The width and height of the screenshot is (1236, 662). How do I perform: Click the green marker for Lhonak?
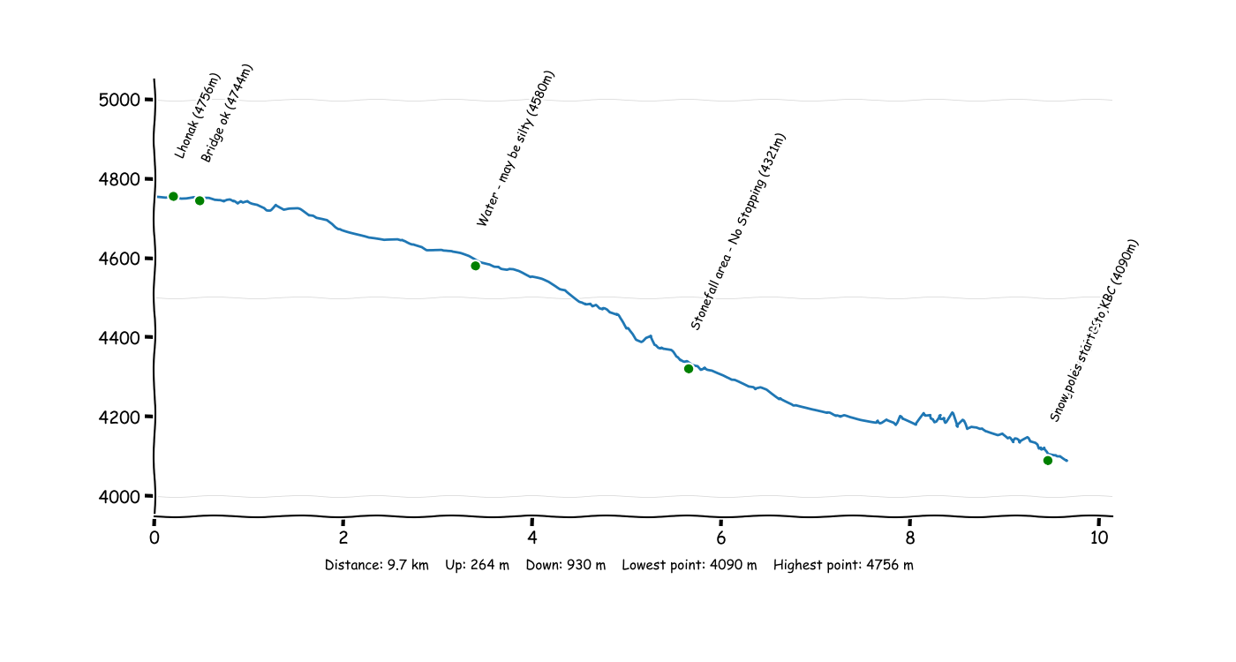point(173,196)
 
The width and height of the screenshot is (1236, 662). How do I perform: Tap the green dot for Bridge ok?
point(200,200)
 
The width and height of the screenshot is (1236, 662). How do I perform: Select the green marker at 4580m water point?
point(475,266)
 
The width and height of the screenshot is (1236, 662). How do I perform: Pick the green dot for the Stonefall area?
point(688,369)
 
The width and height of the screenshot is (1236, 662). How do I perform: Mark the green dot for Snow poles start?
point(1047,460)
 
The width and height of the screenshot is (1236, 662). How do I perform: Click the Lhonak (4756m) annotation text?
point(198,116)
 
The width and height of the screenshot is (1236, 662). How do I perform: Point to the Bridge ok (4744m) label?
point(227,113)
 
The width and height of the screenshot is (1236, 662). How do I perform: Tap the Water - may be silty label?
point(516,148)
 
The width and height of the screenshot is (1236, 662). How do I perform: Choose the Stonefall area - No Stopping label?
point(738,231)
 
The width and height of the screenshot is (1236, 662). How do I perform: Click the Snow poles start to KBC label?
point(1096,329)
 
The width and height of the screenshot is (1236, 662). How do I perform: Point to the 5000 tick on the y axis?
point(120,100)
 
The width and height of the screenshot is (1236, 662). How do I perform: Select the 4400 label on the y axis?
point(120,338)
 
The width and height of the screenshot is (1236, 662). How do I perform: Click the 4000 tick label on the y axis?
point(120,496)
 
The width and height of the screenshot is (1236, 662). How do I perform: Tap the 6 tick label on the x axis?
point(721,538)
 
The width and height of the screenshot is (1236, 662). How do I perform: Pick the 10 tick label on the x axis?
point(1098,538)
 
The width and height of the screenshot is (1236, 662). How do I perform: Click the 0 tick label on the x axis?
point(154,538)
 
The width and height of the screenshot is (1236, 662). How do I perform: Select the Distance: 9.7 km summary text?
point(376,565)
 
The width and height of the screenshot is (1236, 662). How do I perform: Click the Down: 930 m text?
point(565,565)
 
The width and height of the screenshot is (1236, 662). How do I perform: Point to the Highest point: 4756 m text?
point(843,565)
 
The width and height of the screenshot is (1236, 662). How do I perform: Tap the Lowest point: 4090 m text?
point(690,565)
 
